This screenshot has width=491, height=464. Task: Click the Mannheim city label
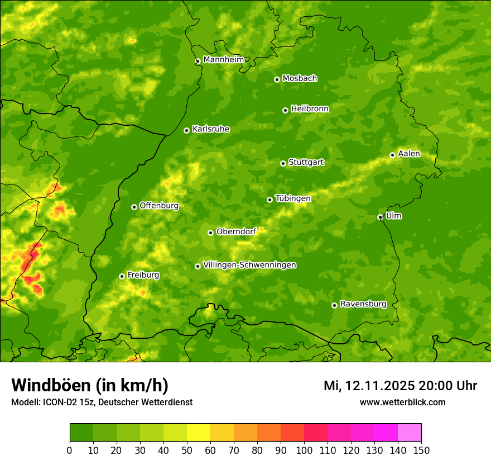coord(223,60)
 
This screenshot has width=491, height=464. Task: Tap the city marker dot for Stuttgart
coord(283,163)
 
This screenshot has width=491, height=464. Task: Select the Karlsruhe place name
coord(210,129)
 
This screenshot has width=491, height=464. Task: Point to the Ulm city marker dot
coord(380,217)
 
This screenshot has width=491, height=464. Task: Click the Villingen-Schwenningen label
coord(249,265)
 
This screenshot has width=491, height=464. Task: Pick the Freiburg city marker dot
coord(122,276)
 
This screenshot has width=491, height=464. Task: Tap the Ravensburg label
coord(363,304)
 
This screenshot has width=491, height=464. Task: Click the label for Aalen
coord(408,154)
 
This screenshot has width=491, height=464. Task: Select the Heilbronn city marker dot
coord(285,110)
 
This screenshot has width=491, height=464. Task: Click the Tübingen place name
coord(292,198)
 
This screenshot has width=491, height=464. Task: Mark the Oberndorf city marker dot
coord(210,233)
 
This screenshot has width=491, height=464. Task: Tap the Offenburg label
coord(158,206)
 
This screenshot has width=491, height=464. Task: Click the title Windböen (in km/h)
coord(89,385)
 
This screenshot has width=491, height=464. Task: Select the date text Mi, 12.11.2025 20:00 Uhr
coord(400,386)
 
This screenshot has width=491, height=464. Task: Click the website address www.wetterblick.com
coord(402,402)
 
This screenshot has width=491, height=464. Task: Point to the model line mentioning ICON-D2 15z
coord(102,402)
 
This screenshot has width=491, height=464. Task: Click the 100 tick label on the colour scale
coord(304,450)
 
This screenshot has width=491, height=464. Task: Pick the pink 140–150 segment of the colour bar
coord(410,433)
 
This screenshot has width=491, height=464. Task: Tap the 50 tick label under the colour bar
coord(187,450)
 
